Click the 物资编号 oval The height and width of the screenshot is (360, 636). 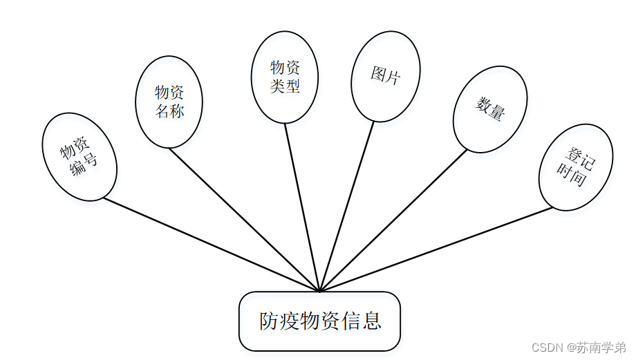click(79, 157)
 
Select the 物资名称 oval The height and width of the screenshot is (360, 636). click(169, 102)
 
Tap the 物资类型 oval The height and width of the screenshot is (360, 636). click(285, 77)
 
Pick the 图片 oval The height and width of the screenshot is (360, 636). click(386, 76)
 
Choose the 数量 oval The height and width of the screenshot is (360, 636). click(489, 109)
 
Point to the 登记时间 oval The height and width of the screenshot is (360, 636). click(575, 168)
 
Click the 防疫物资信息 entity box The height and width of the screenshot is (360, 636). click(319, 321)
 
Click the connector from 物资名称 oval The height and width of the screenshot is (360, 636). click(242, 218)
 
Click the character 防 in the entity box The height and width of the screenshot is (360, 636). click(270, 321)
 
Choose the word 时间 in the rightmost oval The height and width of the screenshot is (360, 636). click(571, 176)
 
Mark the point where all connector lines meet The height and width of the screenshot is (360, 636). click(319, 291)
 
